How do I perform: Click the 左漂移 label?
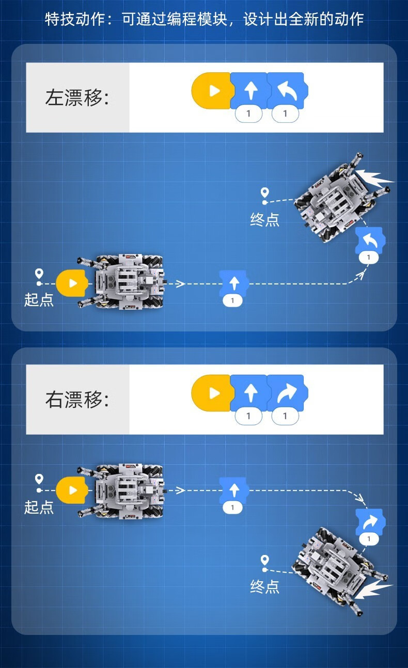(x=77, y=98)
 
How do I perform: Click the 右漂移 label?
(x=77, y=400)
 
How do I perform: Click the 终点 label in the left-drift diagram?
(x=265, y=220)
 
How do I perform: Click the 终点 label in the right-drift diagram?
(x=265, y=586)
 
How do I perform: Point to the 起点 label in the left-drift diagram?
(x=39, y=299)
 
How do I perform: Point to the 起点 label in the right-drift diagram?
(x=39, y=506)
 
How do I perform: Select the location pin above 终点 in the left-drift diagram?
(x=265, y=193)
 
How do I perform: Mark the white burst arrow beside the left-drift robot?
(x=374, y=178)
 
